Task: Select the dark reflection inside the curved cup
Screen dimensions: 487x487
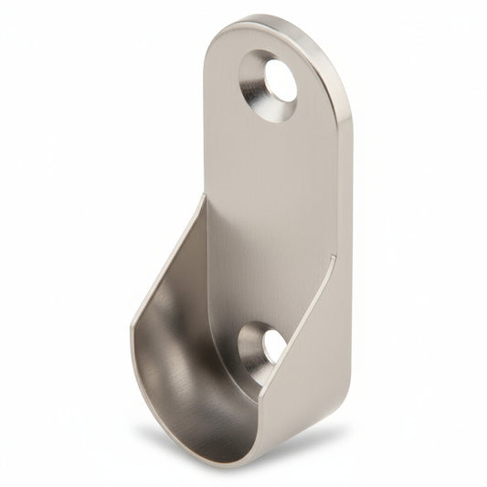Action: click(183, 365)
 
